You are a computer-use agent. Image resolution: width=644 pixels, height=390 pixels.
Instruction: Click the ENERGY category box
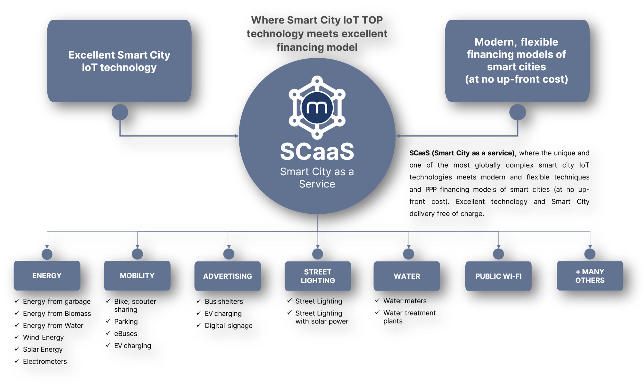(x=47, y=276)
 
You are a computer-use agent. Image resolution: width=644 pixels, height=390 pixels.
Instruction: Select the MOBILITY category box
(x=137, y=276)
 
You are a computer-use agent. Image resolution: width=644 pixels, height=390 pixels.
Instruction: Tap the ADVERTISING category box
(x=228, y=276)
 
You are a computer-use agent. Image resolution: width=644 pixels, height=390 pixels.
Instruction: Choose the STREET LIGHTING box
(x=318, y=276)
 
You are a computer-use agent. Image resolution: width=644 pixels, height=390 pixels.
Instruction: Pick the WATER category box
(x=407, y=276)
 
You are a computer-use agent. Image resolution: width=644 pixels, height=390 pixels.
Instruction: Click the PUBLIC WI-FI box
(x=498, y=276)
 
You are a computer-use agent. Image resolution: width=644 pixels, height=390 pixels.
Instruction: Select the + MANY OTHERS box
(x=590, y=276)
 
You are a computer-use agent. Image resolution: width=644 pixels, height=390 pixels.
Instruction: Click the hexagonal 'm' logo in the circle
(x=317, y=107)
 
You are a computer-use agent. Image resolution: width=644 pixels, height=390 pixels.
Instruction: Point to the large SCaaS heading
(x=317, y=151)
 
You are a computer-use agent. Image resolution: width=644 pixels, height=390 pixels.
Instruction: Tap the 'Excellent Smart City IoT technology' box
(x=119, y=61)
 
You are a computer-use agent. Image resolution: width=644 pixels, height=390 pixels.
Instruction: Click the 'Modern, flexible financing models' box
(x=517, y=61)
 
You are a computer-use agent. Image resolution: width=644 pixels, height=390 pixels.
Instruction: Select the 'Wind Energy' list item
(x=43, y=338)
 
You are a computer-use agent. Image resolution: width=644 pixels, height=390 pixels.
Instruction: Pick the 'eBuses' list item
(x=126, y=334)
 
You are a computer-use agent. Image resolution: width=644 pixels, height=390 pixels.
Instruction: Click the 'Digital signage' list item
(x=229, y=326)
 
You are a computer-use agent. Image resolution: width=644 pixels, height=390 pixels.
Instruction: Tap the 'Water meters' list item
(x=405, y=301)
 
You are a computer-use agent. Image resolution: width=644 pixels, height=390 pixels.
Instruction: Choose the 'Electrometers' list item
(x=45, y=361)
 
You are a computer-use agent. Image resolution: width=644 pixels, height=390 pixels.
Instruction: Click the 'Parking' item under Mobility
(x=126, y=322)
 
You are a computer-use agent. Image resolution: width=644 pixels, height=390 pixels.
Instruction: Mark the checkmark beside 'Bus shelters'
(x=199, y=301)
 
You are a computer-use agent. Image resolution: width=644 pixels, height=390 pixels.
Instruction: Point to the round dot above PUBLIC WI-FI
(x=498, y=254)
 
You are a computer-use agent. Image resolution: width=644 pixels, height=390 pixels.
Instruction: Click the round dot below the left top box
(x=120, y=112)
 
